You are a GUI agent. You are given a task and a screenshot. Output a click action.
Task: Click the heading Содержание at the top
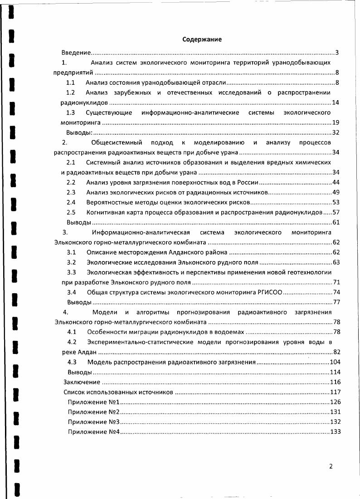click(202, 39)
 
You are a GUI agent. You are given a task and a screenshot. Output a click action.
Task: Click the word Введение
click(77, 53)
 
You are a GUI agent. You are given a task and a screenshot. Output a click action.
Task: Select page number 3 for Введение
click(337, 53)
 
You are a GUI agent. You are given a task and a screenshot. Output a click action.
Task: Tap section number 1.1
click(70, 82)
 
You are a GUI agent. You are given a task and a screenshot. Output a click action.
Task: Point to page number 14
click(336, 102)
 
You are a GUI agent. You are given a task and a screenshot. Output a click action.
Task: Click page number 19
click(336, 122)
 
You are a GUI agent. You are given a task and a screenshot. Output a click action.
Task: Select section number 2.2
click(71, 182)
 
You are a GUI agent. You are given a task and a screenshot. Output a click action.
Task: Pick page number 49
click(336, 192)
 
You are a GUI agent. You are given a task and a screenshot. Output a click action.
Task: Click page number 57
click(336, 212)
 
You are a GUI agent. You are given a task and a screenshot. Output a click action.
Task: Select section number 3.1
click(71, 252)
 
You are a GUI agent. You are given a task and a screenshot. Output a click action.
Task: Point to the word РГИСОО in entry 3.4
click(270, 292)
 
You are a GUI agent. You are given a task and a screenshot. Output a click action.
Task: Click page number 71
click(336, 282)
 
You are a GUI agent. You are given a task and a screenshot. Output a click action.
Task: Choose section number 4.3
click(72, 362)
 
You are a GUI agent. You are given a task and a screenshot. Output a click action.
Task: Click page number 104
click(335, 362)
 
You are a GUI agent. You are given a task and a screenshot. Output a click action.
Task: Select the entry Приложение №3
click(93, 422)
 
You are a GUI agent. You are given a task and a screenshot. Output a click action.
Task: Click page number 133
click(335, 432)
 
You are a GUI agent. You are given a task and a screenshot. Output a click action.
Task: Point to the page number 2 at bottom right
click(331, 466)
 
